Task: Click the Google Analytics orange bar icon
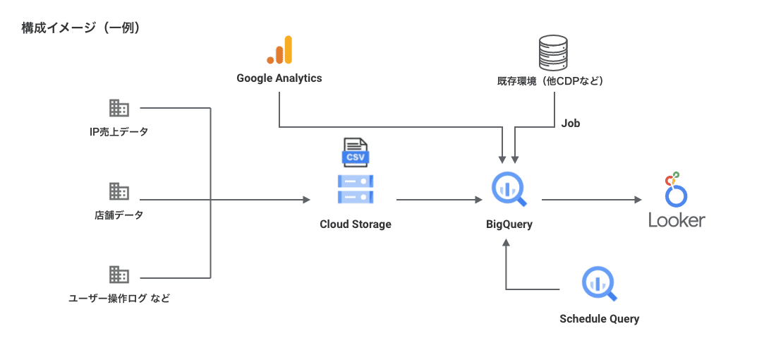click(279, 49)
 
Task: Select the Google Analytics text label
click(279, 78)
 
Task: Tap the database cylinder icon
click(552, 52)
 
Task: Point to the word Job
click(571, 123)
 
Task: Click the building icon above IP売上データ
click(119, 108)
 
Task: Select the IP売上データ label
click(119, 132)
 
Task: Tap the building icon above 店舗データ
click(119, 191)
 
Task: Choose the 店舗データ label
click(119, 215)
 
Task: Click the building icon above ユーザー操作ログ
click(119, 275)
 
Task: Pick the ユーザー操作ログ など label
click(119, 299)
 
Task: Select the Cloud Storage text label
click(355, 224)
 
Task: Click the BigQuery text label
click(509, 224)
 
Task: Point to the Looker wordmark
click(677, 220)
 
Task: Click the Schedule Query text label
click(599, 318)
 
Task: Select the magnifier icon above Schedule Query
click(599, 284)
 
